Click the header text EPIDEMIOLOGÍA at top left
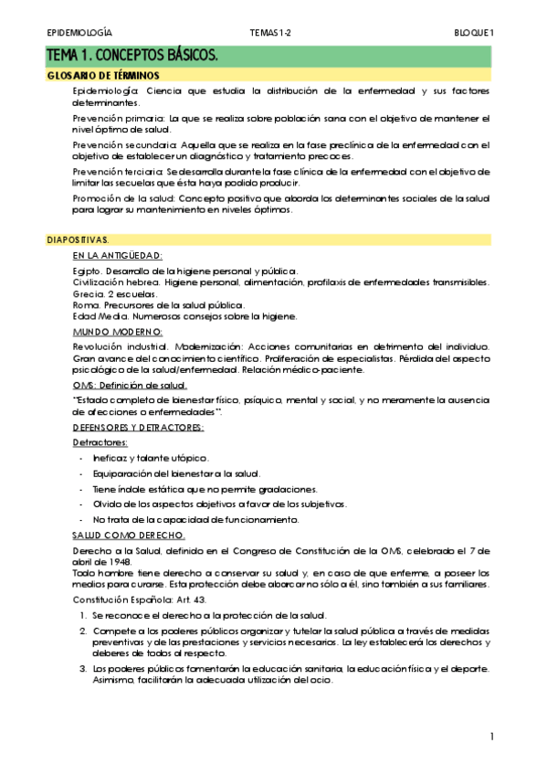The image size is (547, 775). tap(79, 33)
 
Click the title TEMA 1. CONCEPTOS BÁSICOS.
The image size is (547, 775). tap(133, 57)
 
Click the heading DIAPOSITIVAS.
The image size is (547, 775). tap(78, 239)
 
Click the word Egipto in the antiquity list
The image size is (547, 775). tap(87, 271)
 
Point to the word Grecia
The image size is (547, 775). tap(89, 293)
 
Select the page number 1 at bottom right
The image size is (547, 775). tap(491, 736)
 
